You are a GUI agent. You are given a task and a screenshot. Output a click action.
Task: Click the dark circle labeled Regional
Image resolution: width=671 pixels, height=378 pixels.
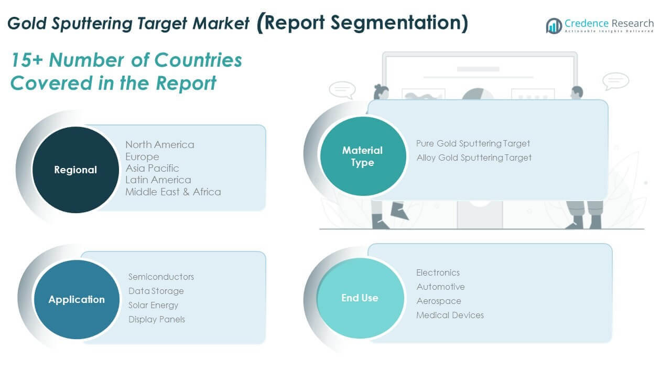pos(75,170)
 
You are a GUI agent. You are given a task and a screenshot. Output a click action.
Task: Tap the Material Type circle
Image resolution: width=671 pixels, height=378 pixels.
pos(362,156)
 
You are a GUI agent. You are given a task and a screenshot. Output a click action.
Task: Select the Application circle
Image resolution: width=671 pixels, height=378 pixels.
pos(77,299)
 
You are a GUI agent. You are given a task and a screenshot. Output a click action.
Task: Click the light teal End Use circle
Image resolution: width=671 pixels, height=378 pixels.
pos(360,298)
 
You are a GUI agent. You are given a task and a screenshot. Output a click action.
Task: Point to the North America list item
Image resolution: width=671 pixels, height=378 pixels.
pos(159,144)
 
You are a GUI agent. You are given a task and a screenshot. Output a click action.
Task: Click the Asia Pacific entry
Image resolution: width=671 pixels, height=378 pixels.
pos(152,168)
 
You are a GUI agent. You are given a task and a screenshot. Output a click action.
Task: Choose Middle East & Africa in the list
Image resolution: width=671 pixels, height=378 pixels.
pos(173,192)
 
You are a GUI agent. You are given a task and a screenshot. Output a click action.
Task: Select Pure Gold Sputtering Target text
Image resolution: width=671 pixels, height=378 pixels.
pos(473,143)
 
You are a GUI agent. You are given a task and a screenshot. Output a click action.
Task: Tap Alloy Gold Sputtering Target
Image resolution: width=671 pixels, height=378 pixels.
pos(474,157)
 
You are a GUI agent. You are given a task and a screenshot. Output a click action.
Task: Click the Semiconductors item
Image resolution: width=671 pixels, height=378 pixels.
pos(161,277)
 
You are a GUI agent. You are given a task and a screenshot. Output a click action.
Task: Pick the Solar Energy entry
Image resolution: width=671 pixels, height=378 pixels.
pos(153,305)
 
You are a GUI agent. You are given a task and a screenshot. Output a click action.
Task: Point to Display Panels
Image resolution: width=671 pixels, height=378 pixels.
pos(156,319)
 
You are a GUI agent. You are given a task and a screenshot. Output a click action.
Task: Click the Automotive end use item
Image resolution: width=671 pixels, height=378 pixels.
pos(440,287)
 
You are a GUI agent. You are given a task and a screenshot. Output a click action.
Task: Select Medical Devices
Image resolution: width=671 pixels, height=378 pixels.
pos(450,315)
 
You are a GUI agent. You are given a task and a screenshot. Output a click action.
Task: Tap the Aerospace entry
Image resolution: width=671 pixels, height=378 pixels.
pos(439,301)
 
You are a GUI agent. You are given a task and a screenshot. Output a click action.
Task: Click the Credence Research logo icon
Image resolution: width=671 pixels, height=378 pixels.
pos(554,26)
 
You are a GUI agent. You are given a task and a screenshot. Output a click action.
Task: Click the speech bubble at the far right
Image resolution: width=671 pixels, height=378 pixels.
pos(615,81)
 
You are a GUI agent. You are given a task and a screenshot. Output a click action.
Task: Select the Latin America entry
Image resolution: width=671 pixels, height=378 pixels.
pos(158,180)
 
